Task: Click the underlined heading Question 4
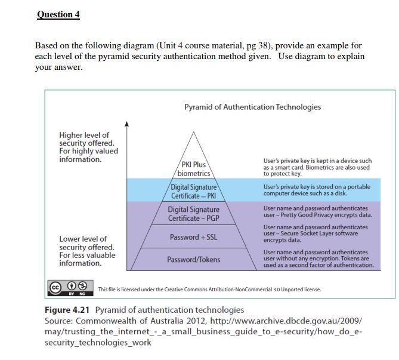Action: pyautogui.click(x=58, y=14)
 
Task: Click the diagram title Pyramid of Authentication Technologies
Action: pyautogui.click(x=252, y=107)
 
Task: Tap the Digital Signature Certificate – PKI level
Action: pyautogui.click(x=193, y=192)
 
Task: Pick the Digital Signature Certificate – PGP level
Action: pyautogui.click(x=193, y=214)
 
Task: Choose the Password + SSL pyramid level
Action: pyautogui.click(x=193, y=237)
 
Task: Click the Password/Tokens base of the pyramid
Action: pyautogui.click(x=193, y=260)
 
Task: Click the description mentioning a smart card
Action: pyautogui.click(x=317, y=167)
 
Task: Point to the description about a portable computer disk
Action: pyautogui.click(x=317, y=190)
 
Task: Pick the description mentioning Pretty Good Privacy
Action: pyautogui.click(x=317, y=211)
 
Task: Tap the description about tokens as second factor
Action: pyautogui.click(x=318, y=259)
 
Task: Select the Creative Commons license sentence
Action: pyautogui.click(x=209, y=290)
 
